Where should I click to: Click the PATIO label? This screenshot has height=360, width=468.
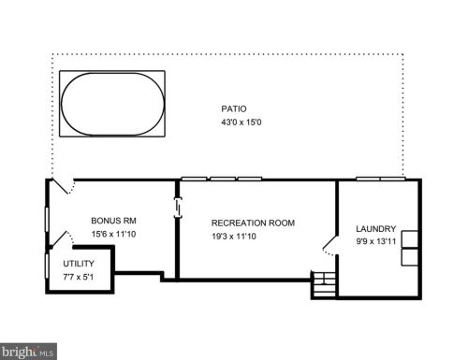234,108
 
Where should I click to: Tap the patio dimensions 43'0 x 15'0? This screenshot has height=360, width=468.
241,122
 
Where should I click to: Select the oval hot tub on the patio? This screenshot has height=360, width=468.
112,104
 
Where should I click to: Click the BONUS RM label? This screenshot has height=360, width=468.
113,221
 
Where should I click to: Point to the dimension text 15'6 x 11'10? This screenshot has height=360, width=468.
113,234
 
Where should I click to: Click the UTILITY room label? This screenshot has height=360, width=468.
79,264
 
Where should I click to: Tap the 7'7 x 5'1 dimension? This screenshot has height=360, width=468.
79,277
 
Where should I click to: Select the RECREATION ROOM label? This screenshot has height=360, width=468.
253,223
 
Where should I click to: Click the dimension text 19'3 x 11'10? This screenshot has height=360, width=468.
234,237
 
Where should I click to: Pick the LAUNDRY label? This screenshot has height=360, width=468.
376,229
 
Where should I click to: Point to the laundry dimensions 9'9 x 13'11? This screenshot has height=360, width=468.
376,241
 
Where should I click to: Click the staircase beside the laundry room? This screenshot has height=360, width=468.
324,284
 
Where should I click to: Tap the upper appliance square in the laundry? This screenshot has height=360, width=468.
409,239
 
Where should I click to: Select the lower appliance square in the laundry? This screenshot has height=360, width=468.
409,257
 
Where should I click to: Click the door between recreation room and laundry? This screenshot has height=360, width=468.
330,245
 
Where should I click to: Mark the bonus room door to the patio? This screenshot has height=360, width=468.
64,186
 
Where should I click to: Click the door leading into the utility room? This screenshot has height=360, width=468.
63,238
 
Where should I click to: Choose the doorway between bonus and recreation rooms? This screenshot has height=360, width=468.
178,207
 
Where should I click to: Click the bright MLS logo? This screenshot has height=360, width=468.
28,352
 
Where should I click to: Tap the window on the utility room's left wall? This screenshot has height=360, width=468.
47,266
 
